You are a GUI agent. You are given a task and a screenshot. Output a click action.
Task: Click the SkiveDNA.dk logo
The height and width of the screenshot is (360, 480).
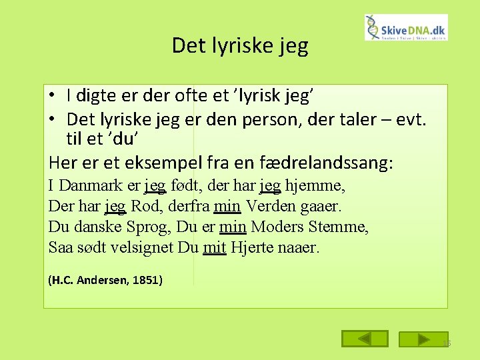[406, 28]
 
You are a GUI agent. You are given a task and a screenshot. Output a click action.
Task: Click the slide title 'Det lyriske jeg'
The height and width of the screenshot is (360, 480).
[240, 45]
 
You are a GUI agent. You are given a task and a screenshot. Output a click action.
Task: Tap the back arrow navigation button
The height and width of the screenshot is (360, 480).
[364, 339]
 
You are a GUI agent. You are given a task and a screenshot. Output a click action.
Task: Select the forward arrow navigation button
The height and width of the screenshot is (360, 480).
[423, 339]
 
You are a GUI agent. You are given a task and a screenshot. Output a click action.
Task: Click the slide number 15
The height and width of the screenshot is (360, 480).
[446, 344]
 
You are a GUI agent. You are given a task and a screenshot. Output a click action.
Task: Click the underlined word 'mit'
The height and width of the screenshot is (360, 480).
[215, 248]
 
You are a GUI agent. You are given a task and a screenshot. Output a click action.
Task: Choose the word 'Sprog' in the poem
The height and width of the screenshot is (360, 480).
[147, 227]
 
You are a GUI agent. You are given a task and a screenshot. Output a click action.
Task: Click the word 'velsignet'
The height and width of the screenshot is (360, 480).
[142, 248]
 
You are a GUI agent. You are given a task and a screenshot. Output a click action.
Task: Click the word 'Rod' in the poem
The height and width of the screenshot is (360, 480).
[145, 206]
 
